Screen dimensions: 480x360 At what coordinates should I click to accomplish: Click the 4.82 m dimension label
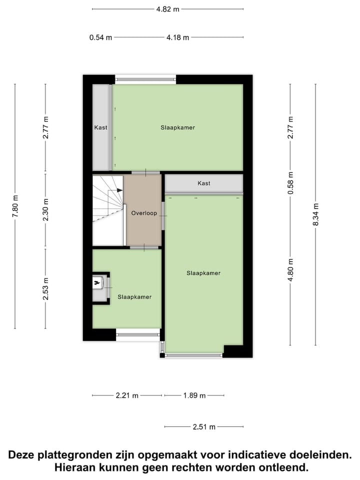[x=167, y=9]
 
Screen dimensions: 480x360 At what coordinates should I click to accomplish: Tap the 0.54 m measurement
[x=100, y=37]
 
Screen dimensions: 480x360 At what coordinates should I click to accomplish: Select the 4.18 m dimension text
[x=178, y=37]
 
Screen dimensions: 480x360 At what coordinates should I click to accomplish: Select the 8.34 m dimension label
[x=315, y=215]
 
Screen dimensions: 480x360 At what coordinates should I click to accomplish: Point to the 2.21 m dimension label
[x=127, y=395]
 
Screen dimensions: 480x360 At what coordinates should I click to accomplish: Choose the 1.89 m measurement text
[x=194, y=395]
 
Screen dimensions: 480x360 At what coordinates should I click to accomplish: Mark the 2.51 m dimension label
[x=204, y=427]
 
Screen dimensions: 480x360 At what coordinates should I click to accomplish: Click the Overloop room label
[x=144, y=213]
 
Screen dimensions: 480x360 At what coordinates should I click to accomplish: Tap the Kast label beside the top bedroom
[x=100, y=127]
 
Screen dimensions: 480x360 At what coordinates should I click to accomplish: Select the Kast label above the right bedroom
[x=203, y=183]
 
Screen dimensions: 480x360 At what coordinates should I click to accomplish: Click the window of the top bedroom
[x=145, y=79]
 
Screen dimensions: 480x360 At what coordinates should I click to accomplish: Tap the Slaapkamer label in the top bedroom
[x=177, y=127]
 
